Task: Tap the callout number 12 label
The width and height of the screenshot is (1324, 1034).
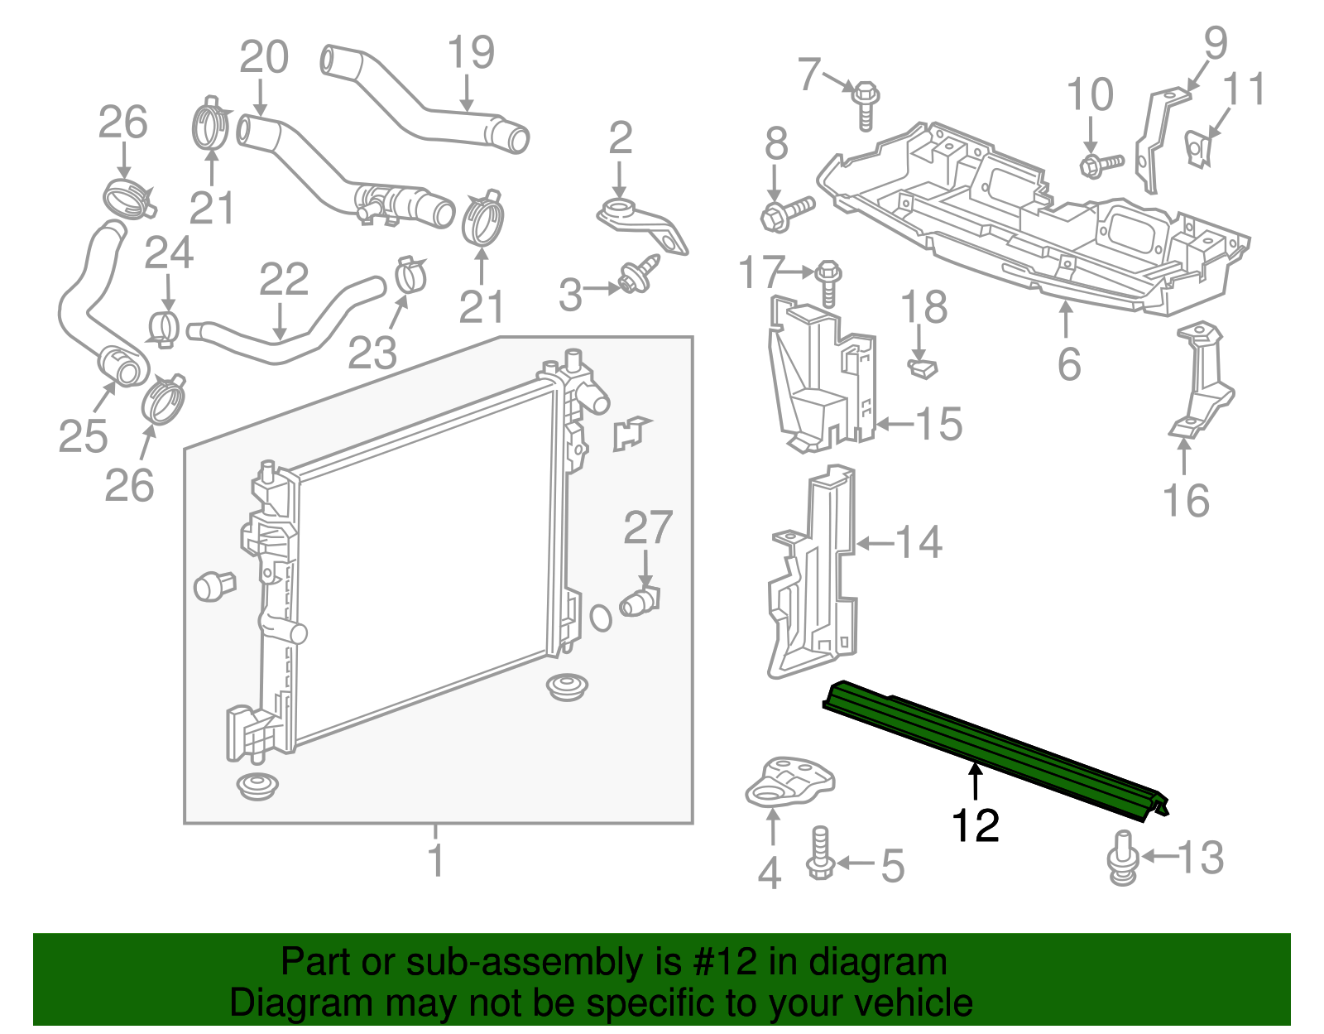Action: tap(976, 826)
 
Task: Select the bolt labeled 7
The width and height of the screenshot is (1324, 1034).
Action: tap(865, 103)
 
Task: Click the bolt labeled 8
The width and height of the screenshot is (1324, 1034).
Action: tap(784, 214)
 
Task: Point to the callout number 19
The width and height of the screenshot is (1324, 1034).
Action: tap(471, 53)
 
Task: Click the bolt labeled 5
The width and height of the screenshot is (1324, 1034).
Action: tap(820, 854)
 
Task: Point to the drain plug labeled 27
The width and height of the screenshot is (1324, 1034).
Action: tap(640, 601)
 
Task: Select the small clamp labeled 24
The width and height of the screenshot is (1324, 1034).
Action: tap(165, 328)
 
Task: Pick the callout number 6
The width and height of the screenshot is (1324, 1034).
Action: tap(1068, 364)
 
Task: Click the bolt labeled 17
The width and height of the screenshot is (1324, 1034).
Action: tap(828, 281)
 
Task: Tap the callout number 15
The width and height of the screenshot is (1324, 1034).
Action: tap(939, 425)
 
